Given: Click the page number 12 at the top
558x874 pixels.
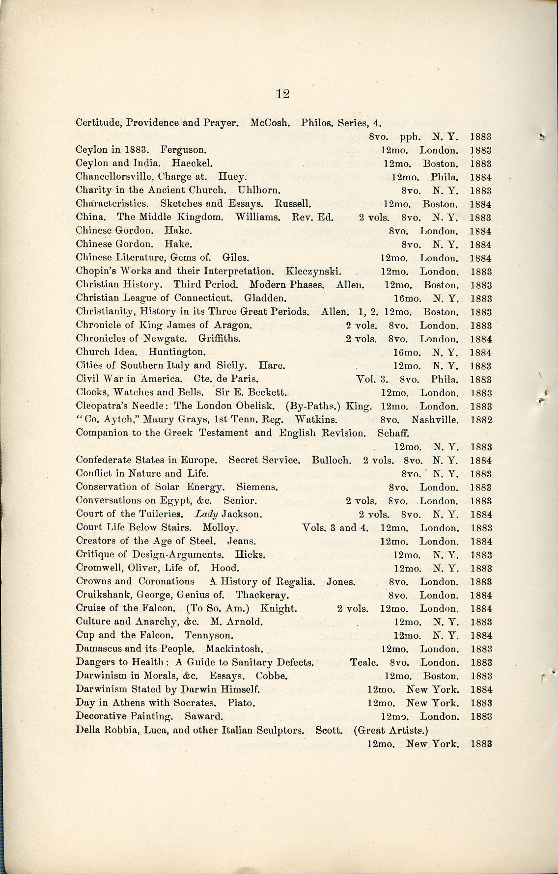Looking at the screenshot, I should tap(282, 94).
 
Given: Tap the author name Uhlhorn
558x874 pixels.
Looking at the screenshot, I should tap(259, 190).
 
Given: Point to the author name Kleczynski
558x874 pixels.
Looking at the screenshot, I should tap(313, 271).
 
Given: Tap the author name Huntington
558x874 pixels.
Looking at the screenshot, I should tap(177, 352).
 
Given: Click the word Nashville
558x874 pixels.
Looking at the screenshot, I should tap(435, 420).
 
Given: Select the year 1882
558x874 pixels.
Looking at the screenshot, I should tap(481, 420).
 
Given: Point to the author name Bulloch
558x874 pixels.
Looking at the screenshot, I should tap(332, 460).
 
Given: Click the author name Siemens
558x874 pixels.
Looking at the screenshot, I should tap(257, 487).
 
